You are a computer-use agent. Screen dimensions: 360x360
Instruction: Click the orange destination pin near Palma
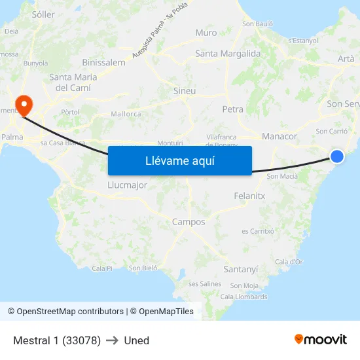24,104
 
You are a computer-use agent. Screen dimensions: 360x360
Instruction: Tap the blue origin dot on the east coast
336,156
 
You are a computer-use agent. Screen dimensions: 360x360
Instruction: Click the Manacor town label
279,136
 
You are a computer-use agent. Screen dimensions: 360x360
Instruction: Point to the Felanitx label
249,196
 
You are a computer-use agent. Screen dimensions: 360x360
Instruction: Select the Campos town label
189,222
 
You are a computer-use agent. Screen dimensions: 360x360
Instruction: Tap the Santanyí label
241,269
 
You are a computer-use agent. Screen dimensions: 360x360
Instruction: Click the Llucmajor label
127,185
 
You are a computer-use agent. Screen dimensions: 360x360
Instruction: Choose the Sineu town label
184,91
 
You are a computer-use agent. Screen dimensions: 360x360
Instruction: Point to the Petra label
232,109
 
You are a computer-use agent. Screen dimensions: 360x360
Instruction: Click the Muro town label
206,33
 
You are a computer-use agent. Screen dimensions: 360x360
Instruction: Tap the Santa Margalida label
228,54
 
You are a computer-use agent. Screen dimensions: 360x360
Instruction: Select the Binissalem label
104,62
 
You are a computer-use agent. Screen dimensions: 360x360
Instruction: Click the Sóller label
43,14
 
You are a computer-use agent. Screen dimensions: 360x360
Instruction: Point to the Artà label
346,59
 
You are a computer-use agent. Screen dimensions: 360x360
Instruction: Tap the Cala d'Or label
289,262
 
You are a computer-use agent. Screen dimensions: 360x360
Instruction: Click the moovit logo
321,339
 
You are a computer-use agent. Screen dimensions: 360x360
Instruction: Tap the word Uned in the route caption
136,340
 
